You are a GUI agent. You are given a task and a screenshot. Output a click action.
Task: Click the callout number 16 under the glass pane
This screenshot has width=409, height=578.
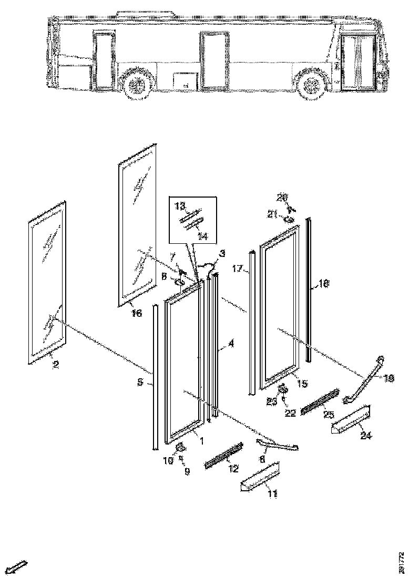click(x=137, y=313)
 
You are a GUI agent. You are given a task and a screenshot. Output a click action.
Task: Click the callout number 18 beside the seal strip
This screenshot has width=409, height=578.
click(x=324, y=284)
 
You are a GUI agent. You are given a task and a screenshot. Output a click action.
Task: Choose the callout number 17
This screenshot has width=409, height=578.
click(x=237, y=270)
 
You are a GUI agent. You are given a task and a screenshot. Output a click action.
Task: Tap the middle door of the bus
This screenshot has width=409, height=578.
click(x=214, y=59)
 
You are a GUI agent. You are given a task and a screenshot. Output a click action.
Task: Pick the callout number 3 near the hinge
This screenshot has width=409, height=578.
click(x=222, y=254)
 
